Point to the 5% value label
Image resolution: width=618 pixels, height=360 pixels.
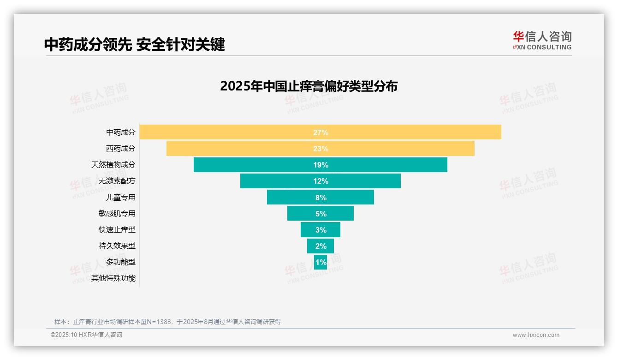pyautogui.click(x=321, y=214)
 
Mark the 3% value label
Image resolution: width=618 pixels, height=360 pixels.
pyautogui.click(x=321, y=230)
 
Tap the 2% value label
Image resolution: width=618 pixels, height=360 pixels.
pyautogui.click(x=321, y=246)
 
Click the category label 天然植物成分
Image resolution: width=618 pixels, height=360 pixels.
pyautogui.click(x=113, y=165)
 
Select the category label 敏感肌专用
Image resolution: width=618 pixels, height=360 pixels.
pyautogui.click(x=117, y=213)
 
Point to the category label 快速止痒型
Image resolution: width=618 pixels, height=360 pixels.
pyautogui.click(x=117, y=229)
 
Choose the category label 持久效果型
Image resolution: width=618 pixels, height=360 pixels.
pyautogui.click(x=117, y=246)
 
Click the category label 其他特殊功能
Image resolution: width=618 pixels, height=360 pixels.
pyautogui.click(x=113, y=278)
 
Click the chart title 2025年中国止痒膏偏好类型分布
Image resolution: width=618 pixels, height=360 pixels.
pyautogui.click(x=309, y=86)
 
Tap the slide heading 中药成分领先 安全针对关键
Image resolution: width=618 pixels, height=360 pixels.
pyautogui.click(x=134, y=44)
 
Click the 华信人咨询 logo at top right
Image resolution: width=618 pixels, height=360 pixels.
pyautogui.click(x=542, y=40)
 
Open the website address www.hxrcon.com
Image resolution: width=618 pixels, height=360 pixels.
pyautogui.click(x=535, y=335)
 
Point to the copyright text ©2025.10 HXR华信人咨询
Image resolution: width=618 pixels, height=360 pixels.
pyautogui.click(x=86, y=335)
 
